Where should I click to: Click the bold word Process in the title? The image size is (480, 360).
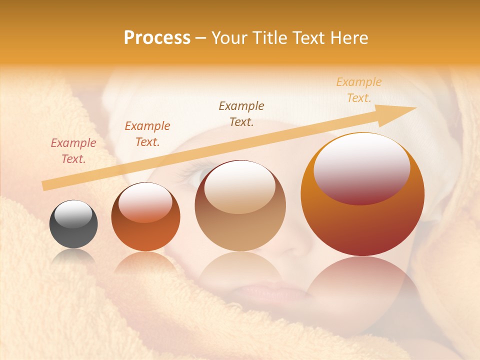[x=157, y=38]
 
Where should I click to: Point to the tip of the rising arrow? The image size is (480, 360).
[x=414, y=108]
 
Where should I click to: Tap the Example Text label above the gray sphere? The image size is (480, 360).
[x=73, y=151]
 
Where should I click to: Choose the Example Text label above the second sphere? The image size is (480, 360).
[x=147, y=134]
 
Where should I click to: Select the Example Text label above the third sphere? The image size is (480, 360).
[x=241, y=114]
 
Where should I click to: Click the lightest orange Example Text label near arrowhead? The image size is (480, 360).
[x=359, y=90]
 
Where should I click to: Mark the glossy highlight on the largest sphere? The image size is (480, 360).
[x=362, y=169]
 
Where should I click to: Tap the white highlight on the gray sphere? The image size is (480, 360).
[x=73, y=214]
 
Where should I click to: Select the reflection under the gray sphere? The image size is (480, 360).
[x=73, y=257]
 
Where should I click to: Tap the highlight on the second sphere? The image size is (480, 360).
[x=145, y=202]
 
